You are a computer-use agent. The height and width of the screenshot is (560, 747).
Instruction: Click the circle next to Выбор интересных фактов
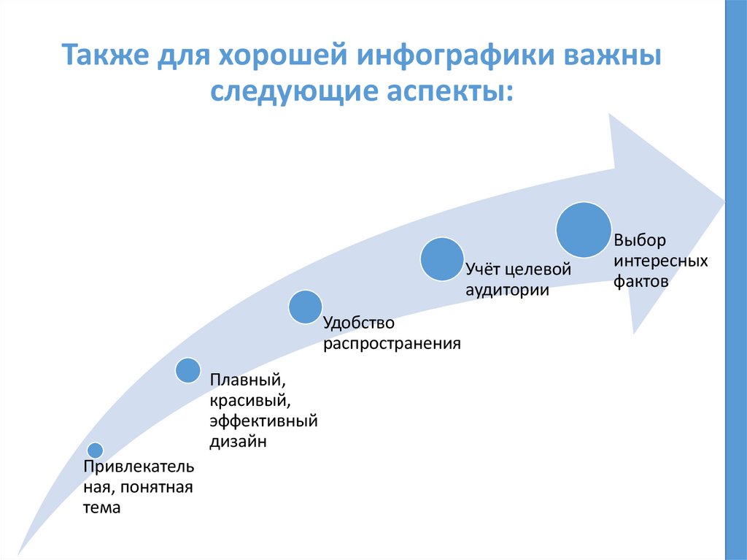coord(584,230)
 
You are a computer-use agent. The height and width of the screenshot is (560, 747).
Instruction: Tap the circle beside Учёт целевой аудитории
coord(442,259)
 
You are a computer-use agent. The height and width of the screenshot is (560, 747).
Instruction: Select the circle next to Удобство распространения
coord(305,307)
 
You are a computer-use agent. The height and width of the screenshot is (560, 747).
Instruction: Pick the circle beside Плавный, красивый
coord(187,371)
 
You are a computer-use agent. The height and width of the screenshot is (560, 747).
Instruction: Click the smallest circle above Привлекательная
coord(95,450)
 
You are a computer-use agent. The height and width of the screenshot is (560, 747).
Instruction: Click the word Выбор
coord(640,240)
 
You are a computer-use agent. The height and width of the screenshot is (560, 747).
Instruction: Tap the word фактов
coord(640,280)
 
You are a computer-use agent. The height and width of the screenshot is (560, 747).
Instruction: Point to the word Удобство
coord(358,322)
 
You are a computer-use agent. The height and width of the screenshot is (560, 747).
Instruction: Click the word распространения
coord(392,342)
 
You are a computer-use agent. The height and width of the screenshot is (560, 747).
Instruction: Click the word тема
coord(101,507)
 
